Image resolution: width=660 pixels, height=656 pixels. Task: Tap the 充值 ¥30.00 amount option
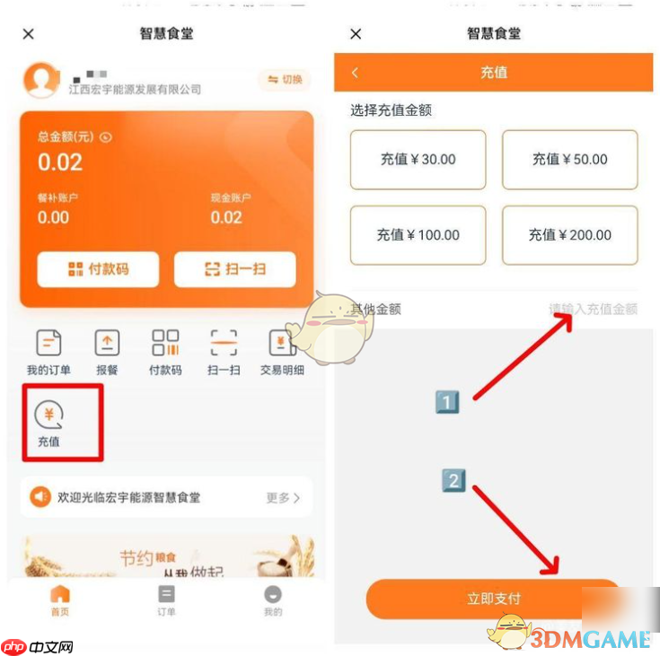pos(418,160)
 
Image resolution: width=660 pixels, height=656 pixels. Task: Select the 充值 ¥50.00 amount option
pos(569,160)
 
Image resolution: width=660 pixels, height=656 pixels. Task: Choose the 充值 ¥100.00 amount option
pos(418,235)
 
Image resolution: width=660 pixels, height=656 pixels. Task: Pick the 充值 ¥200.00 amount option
pos(569,235)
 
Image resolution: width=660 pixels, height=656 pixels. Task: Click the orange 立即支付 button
pos(493,599)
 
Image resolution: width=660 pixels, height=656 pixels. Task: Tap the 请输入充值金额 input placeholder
pos(593,310)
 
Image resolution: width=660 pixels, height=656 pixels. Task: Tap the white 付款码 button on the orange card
pos(98,269)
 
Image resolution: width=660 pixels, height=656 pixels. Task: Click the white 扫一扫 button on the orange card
pos(234,269)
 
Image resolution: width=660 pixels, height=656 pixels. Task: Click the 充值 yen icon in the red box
pos(48,415)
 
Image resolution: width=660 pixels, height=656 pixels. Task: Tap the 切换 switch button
pos(283,80)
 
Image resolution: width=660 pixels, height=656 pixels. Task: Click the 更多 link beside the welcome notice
pos(282,497)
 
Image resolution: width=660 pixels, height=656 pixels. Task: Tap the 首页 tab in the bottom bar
pos(59,600)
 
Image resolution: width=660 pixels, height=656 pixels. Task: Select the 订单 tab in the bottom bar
pos(166,600)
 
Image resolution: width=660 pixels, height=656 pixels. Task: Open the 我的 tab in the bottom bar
pos(273,600)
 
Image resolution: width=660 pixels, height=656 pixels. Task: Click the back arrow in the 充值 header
pos(355,73)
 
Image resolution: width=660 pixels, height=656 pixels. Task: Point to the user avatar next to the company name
pos(40,80)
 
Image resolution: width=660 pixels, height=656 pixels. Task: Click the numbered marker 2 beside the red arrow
pos(453,480)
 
